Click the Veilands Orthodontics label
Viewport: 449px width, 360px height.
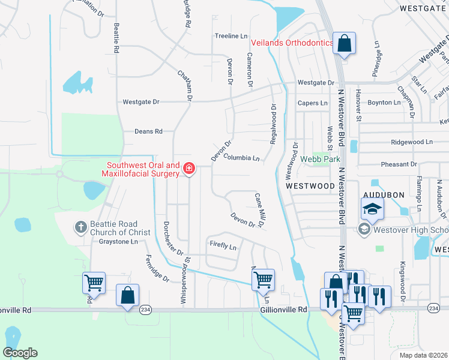(292, 43)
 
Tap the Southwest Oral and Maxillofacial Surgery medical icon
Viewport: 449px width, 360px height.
(189, 169)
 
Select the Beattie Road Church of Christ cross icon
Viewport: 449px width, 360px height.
(80, 227)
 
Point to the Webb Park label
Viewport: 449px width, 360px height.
(324, 160)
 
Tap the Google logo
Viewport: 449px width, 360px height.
(20, 353)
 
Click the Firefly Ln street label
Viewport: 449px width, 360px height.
(223, 246)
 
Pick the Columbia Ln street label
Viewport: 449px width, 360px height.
(241, 158)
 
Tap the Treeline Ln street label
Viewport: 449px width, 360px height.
(231, 37)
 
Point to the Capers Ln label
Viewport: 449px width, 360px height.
(313, 103)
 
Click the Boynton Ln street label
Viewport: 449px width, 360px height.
(384, 103)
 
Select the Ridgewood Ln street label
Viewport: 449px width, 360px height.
(411, 142)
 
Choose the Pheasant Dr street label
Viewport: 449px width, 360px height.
(399, 164)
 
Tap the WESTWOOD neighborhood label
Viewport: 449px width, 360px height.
(310, 186)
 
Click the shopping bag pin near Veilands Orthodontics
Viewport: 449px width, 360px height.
(344, 44)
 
